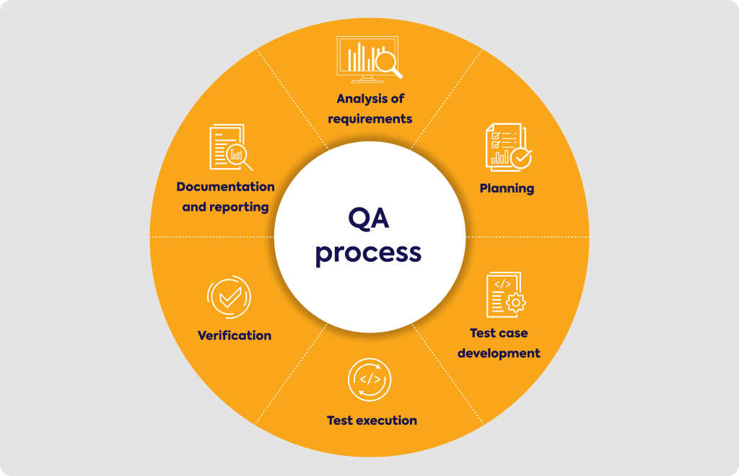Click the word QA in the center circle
point(369,219)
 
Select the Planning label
point(507,189)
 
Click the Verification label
point(235,335)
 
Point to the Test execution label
point(372,420)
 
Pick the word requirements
point(370,119)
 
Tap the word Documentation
point(225,187)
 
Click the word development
point(499,353)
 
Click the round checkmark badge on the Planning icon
point(521,158)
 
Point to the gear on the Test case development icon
point(516,303)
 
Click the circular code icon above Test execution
point(369,379)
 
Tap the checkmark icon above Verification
point(229,297)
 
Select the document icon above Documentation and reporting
point(231,147)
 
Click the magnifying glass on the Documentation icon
point(239,157)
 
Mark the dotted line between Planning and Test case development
point(528,237)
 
